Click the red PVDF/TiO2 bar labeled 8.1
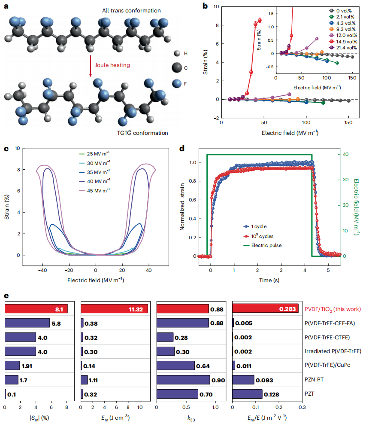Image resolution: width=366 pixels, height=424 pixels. point(36,308)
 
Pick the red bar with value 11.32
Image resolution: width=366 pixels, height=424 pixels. point(115,308)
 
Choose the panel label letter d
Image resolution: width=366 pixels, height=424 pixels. point(181,149)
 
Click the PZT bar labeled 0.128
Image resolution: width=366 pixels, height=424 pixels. point(248,393)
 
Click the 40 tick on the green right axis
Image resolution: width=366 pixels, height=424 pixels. point(333,155)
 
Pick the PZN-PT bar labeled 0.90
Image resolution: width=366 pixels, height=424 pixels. point(183,379)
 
